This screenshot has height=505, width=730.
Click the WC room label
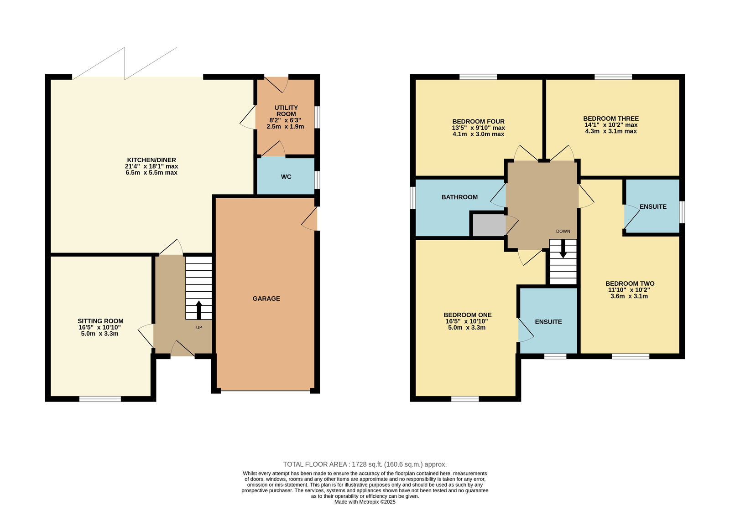286,177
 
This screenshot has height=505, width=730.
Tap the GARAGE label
266,299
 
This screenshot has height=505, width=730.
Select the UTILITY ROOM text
286,111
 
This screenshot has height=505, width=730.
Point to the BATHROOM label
459,197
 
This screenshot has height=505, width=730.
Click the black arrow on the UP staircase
199,310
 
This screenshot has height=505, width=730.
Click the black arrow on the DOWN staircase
563,248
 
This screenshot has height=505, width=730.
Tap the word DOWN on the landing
563,231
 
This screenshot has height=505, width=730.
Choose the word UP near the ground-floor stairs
199,328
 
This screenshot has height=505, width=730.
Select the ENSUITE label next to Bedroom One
548,322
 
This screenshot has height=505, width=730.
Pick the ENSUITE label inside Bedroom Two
653,206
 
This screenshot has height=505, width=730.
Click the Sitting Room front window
100,399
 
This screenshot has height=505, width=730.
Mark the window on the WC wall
317,180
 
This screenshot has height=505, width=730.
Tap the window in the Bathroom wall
412,197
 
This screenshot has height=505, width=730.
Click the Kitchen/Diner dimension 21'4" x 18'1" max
151,166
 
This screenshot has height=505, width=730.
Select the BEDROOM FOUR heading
479,121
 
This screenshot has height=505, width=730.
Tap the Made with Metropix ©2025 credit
365,502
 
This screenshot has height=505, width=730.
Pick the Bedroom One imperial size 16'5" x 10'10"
467,321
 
